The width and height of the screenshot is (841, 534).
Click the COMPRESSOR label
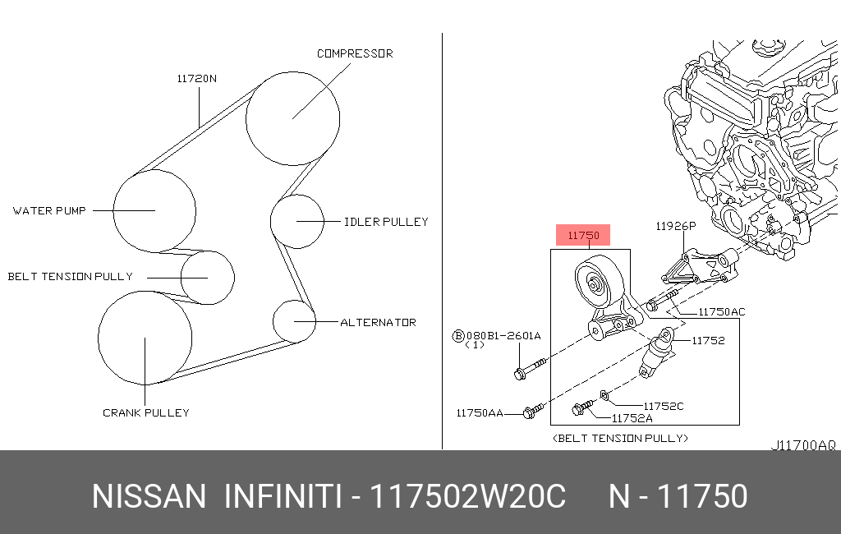[x=355, y=53]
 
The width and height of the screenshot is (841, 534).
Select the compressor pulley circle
[x=292, y=118]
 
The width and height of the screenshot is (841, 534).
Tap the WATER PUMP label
[x=49, y=211]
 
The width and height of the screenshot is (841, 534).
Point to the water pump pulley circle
[x=154, y=211]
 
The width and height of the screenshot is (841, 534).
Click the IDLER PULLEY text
[x=386, y=222]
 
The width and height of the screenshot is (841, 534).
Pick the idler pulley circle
[x=297, y=222]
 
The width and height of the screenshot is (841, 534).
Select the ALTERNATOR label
[x=378, y=323]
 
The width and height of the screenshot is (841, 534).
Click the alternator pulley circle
[x=294, y=321]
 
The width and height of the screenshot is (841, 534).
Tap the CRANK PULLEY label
[x=145, y=412]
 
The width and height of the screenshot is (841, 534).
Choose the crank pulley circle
[x=145, y=338]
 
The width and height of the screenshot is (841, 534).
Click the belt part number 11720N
[x=197, y=79]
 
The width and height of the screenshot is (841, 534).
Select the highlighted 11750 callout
[x=584, y=236]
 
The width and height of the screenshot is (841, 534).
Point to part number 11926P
[x=675, y=225]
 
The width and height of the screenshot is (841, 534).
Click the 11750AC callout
[x=721, y=312]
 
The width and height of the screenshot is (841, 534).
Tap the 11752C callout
[x=663, y=406]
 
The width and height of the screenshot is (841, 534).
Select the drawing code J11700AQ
[x=802, y=445]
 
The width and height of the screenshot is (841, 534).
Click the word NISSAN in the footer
[x=148, y=497]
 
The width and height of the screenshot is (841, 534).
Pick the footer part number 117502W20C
[x=468, y=497]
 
